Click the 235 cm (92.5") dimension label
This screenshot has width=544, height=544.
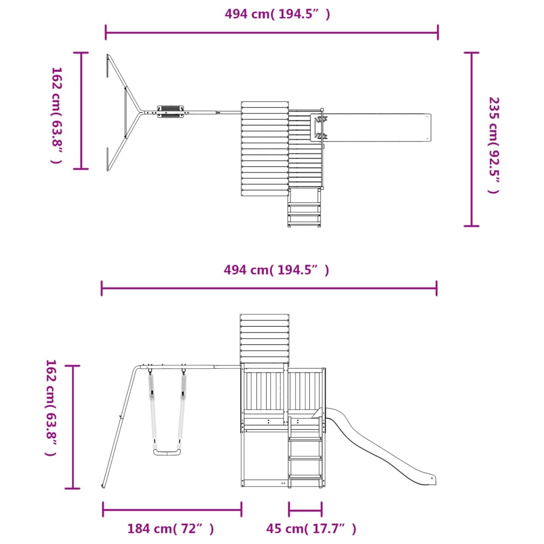(494, 145)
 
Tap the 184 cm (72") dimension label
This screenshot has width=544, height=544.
(171, 529)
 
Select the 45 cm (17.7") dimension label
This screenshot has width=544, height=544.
(311, 529)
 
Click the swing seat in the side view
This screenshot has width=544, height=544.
(167, 452)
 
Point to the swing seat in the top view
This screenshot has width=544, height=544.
(171, 112)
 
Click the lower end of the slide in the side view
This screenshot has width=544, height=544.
(431, 480)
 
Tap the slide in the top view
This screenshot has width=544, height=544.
(370, 127)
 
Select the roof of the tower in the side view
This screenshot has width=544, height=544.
(265, 338)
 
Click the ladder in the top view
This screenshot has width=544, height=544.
(304, 208)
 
